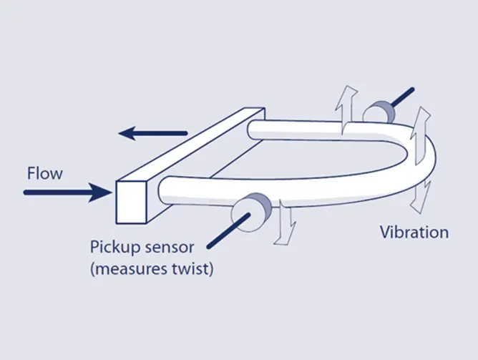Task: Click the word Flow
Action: [x=44, y=172]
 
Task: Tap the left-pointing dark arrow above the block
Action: [x=153, y=132]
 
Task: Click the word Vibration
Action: [x=414, y=232]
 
